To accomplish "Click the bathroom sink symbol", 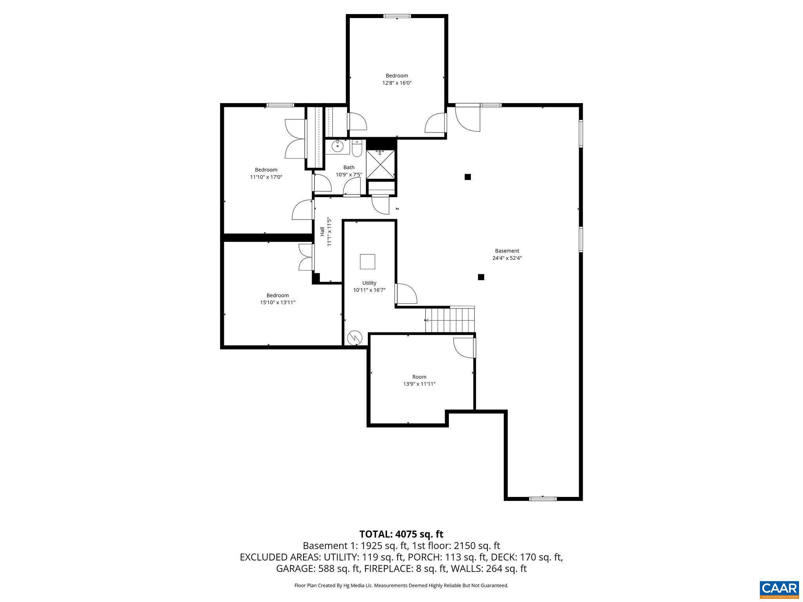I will (337, 147).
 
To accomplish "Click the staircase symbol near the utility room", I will (450, 320).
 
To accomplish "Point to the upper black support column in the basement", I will (467, 177).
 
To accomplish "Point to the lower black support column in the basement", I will (481, 277).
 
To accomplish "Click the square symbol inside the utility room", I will (367, 261).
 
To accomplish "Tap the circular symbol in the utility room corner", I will (354, 337).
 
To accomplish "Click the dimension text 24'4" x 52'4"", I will (507, 258).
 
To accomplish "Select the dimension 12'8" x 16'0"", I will (397, 83).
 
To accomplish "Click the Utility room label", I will (369, 283).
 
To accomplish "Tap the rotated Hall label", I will (322, 231).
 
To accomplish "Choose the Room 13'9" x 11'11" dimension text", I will (419, 384).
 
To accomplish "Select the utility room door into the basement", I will (406, 294).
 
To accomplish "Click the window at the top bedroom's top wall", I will (397, 16).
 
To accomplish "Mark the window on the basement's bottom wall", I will (543, 499).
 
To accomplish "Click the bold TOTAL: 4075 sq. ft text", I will (401, 534).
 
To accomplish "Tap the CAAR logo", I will (779, 589).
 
